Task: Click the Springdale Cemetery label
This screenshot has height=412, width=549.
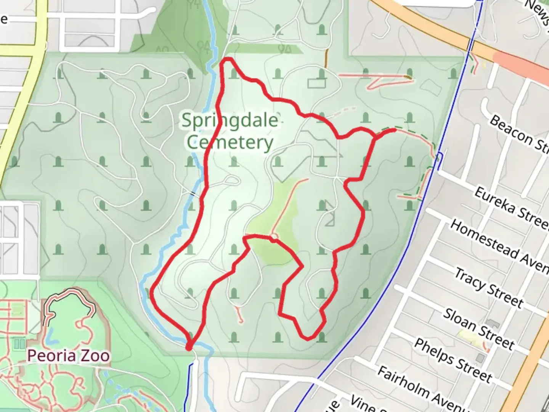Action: (230, 131)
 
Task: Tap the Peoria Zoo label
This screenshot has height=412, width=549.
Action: (68, 356)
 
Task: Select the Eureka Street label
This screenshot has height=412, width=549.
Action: (511, 208)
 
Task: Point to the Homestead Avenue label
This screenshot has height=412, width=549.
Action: (499, 245)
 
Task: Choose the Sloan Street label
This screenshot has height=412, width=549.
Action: (478, 328)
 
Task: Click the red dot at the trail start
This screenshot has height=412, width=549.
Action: (189, 347)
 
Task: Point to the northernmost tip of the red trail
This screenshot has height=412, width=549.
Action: (228, 59)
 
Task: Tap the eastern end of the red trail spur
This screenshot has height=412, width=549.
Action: (394, 130)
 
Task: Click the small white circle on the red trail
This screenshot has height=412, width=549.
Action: (274, 238)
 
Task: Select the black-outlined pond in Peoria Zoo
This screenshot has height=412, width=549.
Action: (69, 309)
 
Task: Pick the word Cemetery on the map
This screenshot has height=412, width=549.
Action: (230, 143)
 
